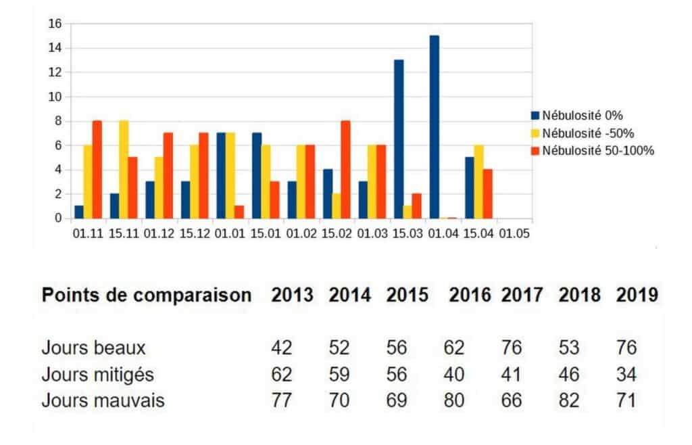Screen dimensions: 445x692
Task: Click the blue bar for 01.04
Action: [x=434, y=127]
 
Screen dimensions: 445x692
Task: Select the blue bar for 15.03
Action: [x=399, y=139]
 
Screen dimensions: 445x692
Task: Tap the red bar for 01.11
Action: [x=97, y=170]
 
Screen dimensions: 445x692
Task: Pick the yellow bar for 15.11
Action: [x=124, y=170]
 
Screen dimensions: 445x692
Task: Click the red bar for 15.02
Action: [x=345, y=170]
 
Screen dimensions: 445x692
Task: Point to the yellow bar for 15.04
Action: [x=479, y=182]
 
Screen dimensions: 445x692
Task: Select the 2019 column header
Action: [x=637, y=296]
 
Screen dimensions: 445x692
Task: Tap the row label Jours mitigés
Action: [x=97, y=374]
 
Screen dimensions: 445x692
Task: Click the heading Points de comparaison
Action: [x=147, y=296]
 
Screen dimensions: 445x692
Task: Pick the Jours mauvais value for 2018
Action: [x=570, y=400]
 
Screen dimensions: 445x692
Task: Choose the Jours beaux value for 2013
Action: [x=281, y=348]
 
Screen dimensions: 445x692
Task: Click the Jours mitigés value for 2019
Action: [x=626, y=374]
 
